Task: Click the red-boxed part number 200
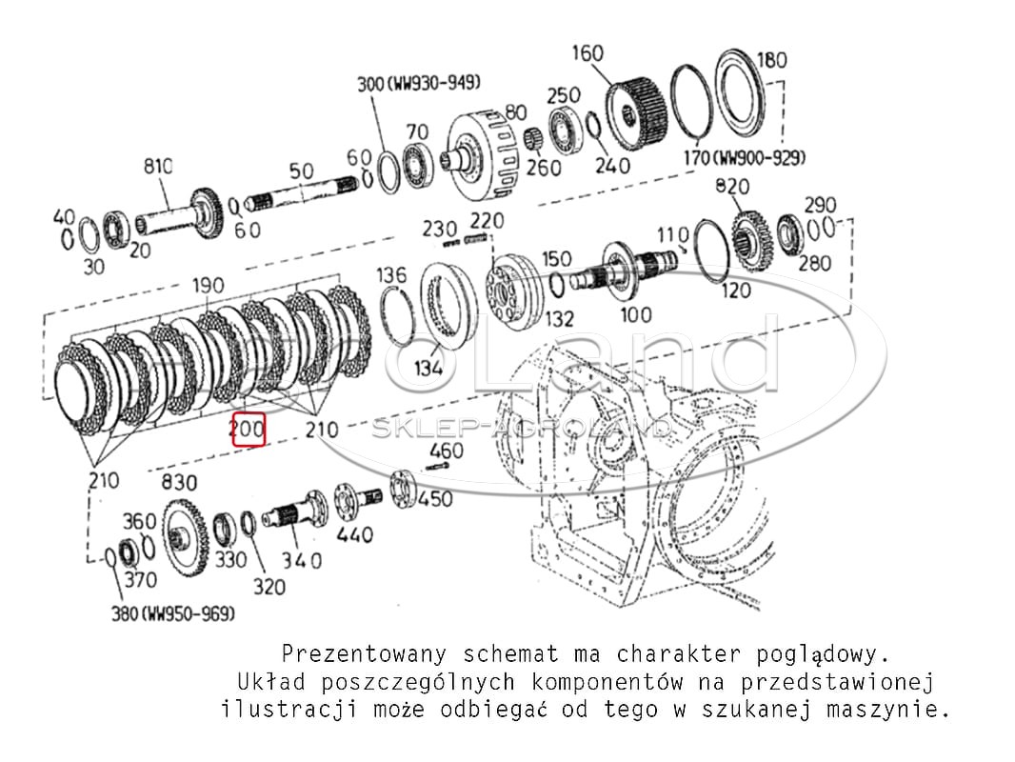249,430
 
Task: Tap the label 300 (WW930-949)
419,84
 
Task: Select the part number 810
158,167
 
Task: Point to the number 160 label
587,53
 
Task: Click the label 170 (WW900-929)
745,157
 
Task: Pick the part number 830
179,482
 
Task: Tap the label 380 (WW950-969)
173,613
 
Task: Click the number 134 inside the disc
428,369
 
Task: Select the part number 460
447,451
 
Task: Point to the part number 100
636,315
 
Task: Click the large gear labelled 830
185,536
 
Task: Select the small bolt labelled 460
438,466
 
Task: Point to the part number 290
820,205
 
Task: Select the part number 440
355,534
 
